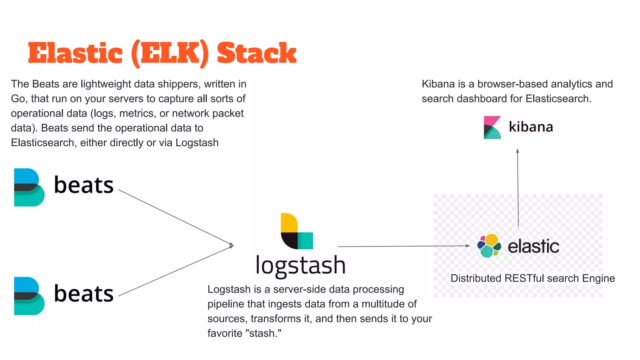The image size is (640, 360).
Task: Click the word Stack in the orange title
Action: (256, 53)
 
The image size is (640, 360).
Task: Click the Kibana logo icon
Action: (492, 127)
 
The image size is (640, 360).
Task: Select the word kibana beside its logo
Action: (531, 127)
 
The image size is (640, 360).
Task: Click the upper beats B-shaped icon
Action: (29, 187)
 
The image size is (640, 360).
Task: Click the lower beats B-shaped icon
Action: (29, 296)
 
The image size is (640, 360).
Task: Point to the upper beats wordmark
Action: (84, 185)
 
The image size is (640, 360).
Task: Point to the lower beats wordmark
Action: (84, 294)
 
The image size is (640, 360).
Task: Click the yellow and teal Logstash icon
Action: (296, 231)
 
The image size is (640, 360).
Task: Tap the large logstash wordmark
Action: (300, 265)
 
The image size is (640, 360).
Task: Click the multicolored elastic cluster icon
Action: (489, 246)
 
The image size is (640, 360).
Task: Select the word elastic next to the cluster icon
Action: (533, 246)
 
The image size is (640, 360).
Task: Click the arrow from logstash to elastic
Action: (403, 246)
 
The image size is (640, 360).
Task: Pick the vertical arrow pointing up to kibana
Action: (518, 187)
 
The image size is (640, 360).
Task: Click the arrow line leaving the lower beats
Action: (175, 271)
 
